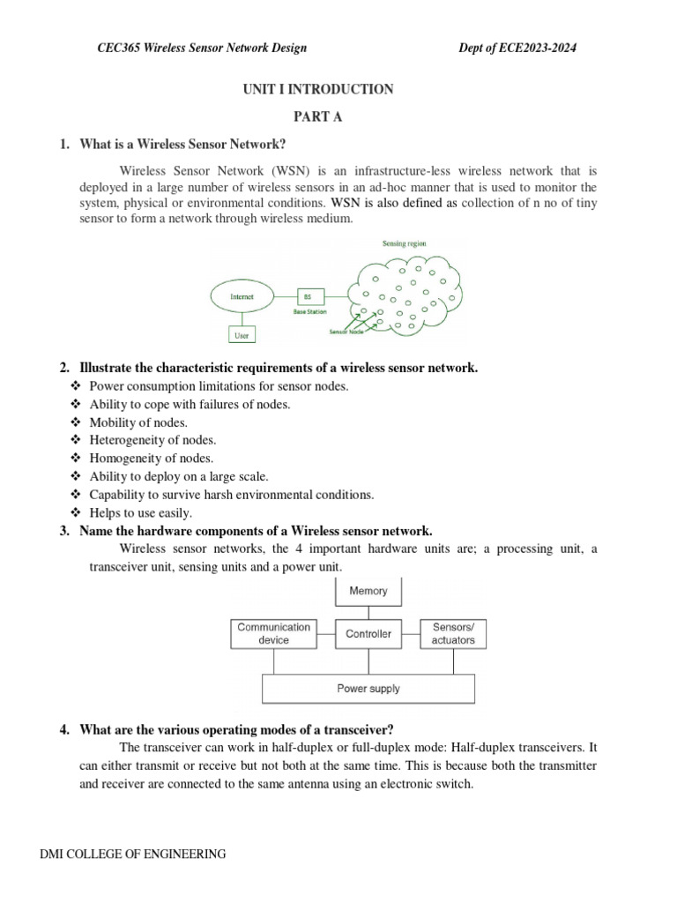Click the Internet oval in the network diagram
click(x=242, y=297)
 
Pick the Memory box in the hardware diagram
click(x=368, y=591)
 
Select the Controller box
click(x=368, y=633)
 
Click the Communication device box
click(x=273, y=633)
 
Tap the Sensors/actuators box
click(x=453, y=633)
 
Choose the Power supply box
click(x=368, y=689)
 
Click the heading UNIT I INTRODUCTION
click(x=319, y=89)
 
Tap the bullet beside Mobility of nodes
click(x=74, y=422)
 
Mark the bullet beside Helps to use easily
click(x=74, y=512)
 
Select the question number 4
click(x=65, y=728)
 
